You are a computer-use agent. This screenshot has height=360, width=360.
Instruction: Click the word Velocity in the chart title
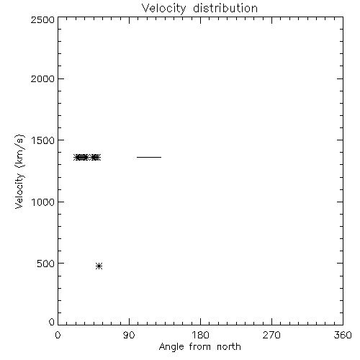click(x=164, y=9)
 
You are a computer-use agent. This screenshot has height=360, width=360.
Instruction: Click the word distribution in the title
click(x=225, y=8)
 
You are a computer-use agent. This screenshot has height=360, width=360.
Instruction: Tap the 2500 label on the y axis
click(x=42, y=19)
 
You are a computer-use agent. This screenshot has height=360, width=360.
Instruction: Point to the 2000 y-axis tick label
click(x=42, y=78)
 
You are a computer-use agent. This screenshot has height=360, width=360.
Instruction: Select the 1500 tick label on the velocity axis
click(x=43, y=140)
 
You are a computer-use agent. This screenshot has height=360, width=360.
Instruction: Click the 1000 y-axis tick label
click(x=43, y=202)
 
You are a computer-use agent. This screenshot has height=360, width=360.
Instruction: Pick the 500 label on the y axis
click(x=46, y=264)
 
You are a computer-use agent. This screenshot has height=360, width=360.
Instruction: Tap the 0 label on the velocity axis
click(x=52, y=322)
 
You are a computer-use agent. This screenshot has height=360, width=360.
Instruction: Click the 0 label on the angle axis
click(x=58, y=335)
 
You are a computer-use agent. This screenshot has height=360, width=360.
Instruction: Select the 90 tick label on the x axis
click(x=129, y=335)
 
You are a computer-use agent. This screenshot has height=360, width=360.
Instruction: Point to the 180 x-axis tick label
click(x=200, y=335)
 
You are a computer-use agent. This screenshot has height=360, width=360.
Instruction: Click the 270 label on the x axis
click(x=271, y=335)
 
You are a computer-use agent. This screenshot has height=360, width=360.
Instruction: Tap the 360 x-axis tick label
click(x=343, y=335)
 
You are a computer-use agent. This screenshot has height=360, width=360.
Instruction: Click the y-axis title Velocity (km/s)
click(x=19, y=171)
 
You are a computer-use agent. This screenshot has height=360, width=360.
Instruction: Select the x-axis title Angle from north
click(x=200, y=347)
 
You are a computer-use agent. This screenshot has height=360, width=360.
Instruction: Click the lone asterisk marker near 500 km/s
click(x=99, y=266)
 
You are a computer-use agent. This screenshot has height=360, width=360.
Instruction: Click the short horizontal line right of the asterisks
click(x=149, y=157)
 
